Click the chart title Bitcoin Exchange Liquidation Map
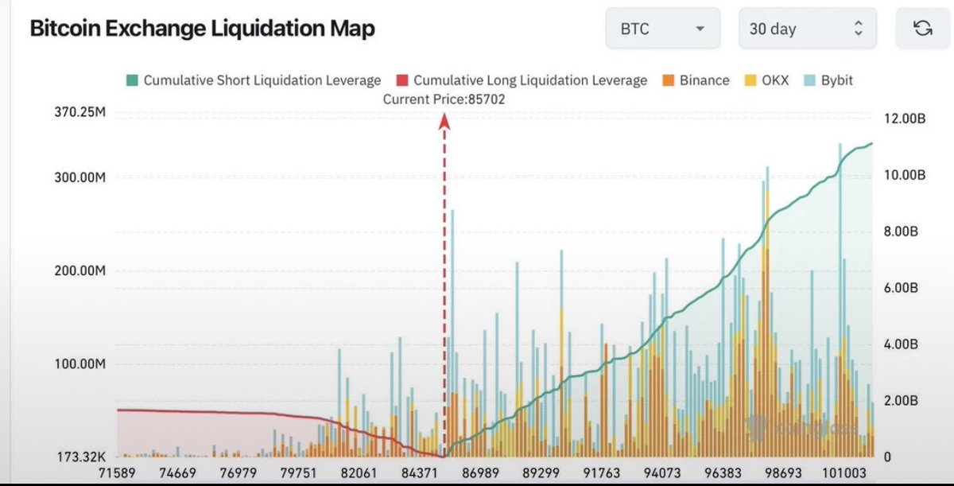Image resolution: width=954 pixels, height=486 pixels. pos(202,29)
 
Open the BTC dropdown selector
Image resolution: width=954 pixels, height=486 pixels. pos(662,29)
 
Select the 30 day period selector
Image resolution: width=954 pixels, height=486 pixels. pos(807,29)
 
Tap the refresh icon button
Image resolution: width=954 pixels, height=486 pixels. pos(922,29)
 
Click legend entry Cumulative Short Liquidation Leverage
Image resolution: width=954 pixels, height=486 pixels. pos(254,80)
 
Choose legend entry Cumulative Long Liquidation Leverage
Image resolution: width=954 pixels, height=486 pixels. pos(522,80)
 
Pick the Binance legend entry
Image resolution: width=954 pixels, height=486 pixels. pos(696,80)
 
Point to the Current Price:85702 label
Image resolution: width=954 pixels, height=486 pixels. pos(444,99)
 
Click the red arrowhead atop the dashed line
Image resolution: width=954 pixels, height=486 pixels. pos(444,120)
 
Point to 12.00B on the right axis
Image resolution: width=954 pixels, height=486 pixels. pos(904,119)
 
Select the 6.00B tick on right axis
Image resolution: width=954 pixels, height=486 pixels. pos(902,288)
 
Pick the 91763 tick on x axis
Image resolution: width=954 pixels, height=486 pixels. pos(601,472)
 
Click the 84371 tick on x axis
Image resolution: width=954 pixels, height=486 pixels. pos(421,472)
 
